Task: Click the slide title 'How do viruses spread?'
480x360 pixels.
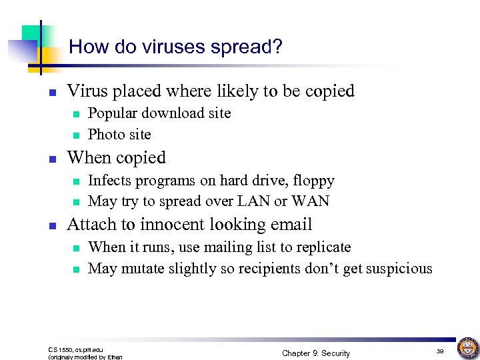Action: coord(175,47)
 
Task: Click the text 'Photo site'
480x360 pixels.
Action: coord(119,135)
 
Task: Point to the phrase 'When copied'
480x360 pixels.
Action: coord(117,158)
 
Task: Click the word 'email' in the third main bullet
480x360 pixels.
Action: coord(291,225)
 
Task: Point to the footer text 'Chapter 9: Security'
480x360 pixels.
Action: coord(315,353)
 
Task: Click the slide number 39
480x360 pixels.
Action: coord(440,351)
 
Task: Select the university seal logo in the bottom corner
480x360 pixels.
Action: coord(467,347)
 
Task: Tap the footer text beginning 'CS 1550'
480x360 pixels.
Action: coord(76,349)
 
